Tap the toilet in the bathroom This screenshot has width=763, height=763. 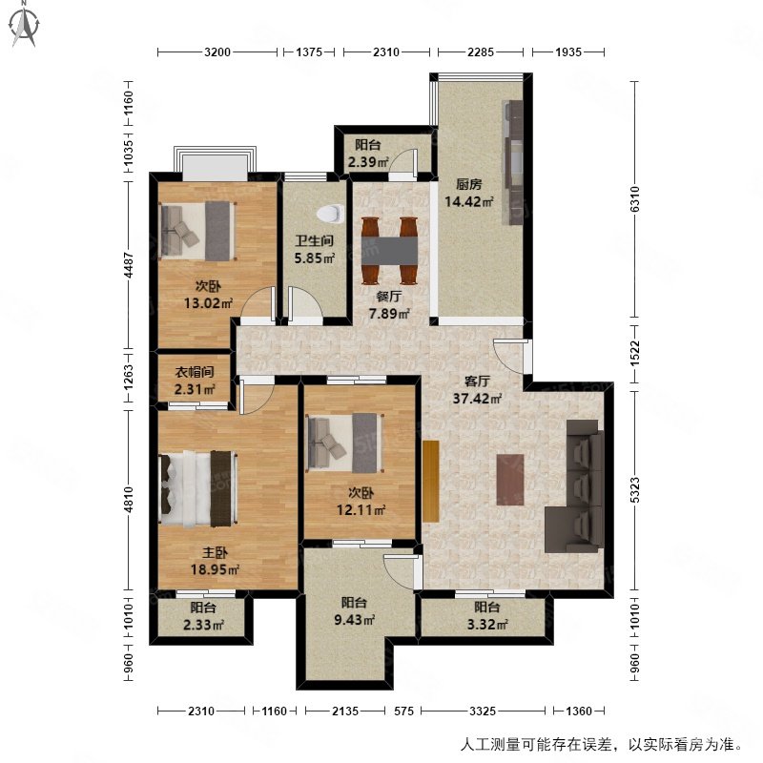coord(330,216)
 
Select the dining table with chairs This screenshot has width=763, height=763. coord(390,251)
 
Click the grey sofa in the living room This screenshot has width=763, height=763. coord(575,487)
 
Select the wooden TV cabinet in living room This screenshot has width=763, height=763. coord(430,481)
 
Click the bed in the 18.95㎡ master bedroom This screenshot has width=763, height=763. coord(196,489)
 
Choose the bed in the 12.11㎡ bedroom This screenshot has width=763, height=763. coord(344,442)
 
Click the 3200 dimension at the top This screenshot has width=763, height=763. coord(217,52)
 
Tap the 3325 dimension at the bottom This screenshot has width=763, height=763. coord(485,711)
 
